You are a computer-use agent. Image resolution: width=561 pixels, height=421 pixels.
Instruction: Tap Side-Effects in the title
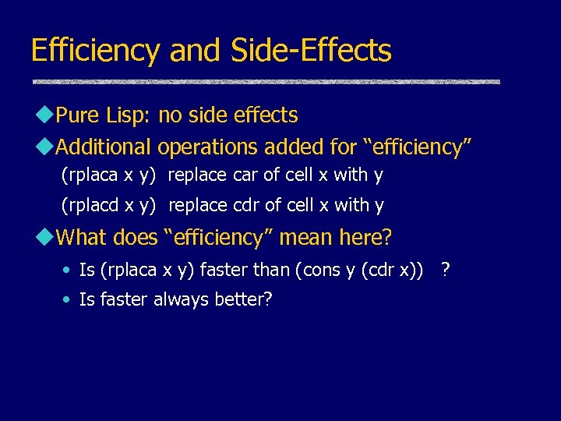pos(312,51)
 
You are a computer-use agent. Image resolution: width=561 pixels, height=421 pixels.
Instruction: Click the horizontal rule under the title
pos(265,82)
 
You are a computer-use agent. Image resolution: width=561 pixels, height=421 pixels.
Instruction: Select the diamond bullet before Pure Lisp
pos(48,115)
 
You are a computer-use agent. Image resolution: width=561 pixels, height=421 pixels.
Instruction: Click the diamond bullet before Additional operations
pos(48,147)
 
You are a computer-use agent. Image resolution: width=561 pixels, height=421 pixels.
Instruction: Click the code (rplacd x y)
pos(109,206)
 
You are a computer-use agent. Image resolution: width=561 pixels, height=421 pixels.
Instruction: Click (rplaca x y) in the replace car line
pos(108,175)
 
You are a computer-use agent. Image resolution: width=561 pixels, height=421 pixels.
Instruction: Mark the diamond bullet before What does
pos(48,236)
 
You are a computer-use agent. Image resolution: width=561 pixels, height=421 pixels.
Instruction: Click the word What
pos(82,236)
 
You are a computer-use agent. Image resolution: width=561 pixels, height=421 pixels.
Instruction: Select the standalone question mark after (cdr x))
pos(445,270)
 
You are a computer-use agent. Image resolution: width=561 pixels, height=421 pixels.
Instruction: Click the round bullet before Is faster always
pos(68,300)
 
